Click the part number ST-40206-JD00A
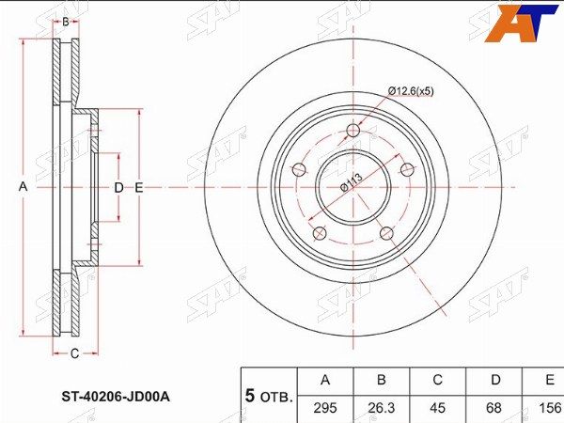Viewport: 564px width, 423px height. (x=116, y=397)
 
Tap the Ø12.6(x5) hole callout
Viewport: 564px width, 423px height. (x=411, y=91)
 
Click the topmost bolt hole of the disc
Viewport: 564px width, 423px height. (x=353, y=131)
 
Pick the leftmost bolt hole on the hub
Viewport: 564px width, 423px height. (x=299, y=169)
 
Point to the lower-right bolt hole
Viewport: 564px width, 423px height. (x=386, y=233)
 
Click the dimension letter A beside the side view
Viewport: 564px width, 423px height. (x=23, y=187)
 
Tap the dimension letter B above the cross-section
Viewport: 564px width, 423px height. (x=66, y=22)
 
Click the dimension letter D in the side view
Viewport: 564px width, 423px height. (x=118, y=187)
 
